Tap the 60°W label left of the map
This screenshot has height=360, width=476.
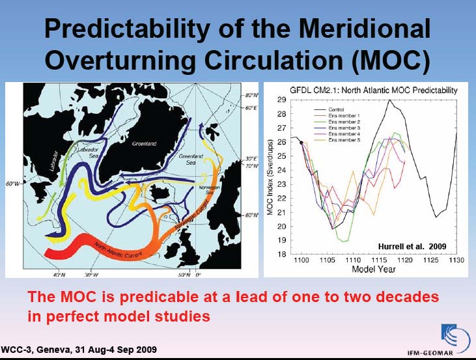click(12, 184)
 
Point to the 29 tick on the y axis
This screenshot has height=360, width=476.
click(281, 100)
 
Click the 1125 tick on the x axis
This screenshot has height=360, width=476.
click(430, 260)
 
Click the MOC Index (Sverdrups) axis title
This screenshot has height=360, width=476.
click(270, 177)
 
